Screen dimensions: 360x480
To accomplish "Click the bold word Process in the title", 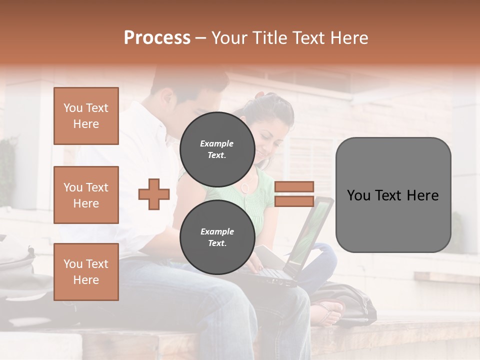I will click(x=157, y=37).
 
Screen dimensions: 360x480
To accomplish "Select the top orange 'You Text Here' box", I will click(x=86, y=116).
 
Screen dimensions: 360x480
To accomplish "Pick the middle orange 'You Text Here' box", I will click(x=86, y=195).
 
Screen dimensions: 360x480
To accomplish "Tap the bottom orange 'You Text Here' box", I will click(x=86, y=272).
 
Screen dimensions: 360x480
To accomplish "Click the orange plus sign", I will click(x=154, y=193).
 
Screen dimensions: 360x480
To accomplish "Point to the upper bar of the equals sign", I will click(x=294, y=186).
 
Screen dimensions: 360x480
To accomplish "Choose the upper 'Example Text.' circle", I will click(x=217, y=149).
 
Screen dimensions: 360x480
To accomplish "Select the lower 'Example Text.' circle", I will click(x=217, y=237).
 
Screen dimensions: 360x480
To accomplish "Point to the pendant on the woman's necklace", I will click(x=245, y=187).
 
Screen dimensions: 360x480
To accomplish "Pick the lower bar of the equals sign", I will click(x=294, y=201).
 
